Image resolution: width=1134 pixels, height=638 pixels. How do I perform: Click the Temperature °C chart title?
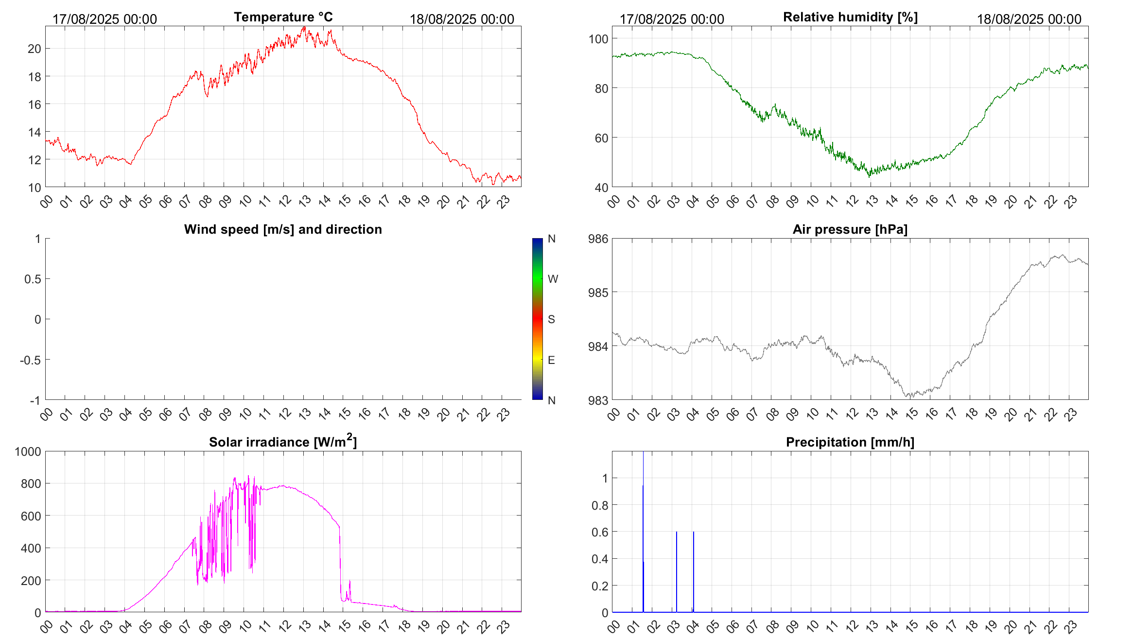(283, 17)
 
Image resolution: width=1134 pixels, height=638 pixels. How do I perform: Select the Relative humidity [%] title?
(850, 17)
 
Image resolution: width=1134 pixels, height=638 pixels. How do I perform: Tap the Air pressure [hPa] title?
(850, 229)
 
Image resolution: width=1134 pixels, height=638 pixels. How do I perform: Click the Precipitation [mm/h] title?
(850, 442)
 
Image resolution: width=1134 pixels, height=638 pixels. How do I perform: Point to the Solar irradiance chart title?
(283, 442)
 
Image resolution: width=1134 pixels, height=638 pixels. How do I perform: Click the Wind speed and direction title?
(283, 229)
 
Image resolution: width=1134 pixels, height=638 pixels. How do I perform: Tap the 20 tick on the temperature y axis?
(35, 49)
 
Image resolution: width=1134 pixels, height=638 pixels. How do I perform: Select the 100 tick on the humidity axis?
(598, 39)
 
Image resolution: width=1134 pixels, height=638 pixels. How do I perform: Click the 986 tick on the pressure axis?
(598, 239)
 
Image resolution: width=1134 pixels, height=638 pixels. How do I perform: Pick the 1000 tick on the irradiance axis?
(28, 451)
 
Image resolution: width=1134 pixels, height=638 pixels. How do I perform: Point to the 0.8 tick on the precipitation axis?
(599, 505)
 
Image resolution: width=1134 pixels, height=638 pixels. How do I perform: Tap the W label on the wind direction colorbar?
(553, 279)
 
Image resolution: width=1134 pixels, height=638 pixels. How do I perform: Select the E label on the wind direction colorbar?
(551, 360)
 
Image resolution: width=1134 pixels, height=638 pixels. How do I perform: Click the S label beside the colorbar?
(551, 319)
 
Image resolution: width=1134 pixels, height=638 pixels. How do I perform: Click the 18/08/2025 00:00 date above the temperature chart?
(462, 19)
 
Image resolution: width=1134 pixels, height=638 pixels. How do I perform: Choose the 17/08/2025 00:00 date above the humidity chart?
(672, 19)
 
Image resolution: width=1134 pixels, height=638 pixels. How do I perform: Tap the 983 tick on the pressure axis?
(598, 400)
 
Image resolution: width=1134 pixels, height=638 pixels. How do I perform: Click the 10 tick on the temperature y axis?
(35, 188)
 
